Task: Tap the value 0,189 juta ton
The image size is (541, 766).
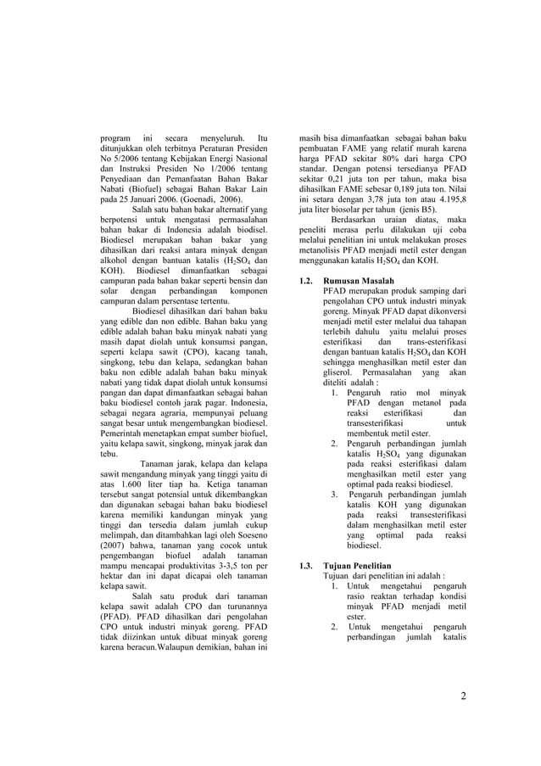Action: click(399, 183)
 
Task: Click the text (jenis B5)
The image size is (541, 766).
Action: click(416, 207)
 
